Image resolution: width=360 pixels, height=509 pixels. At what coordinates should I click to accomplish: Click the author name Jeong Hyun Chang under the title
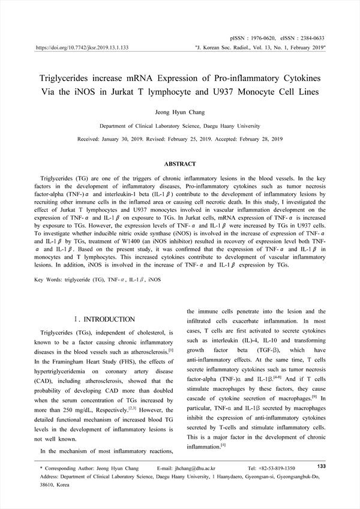(x=179, y=112)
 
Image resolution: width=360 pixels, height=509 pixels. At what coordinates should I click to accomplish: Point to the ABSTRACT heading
(x=180, y=164)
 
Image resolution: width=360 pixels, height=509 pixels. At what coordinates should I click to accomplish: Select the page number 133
(x=320, y=466)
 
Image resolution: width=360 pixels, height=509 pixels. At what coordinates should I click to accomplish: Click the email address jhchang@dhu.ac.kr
(x=197, y=468)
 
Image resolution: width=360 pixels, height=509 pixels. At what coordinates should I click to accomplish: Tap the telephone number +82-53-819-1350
(x=280, y=468)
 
